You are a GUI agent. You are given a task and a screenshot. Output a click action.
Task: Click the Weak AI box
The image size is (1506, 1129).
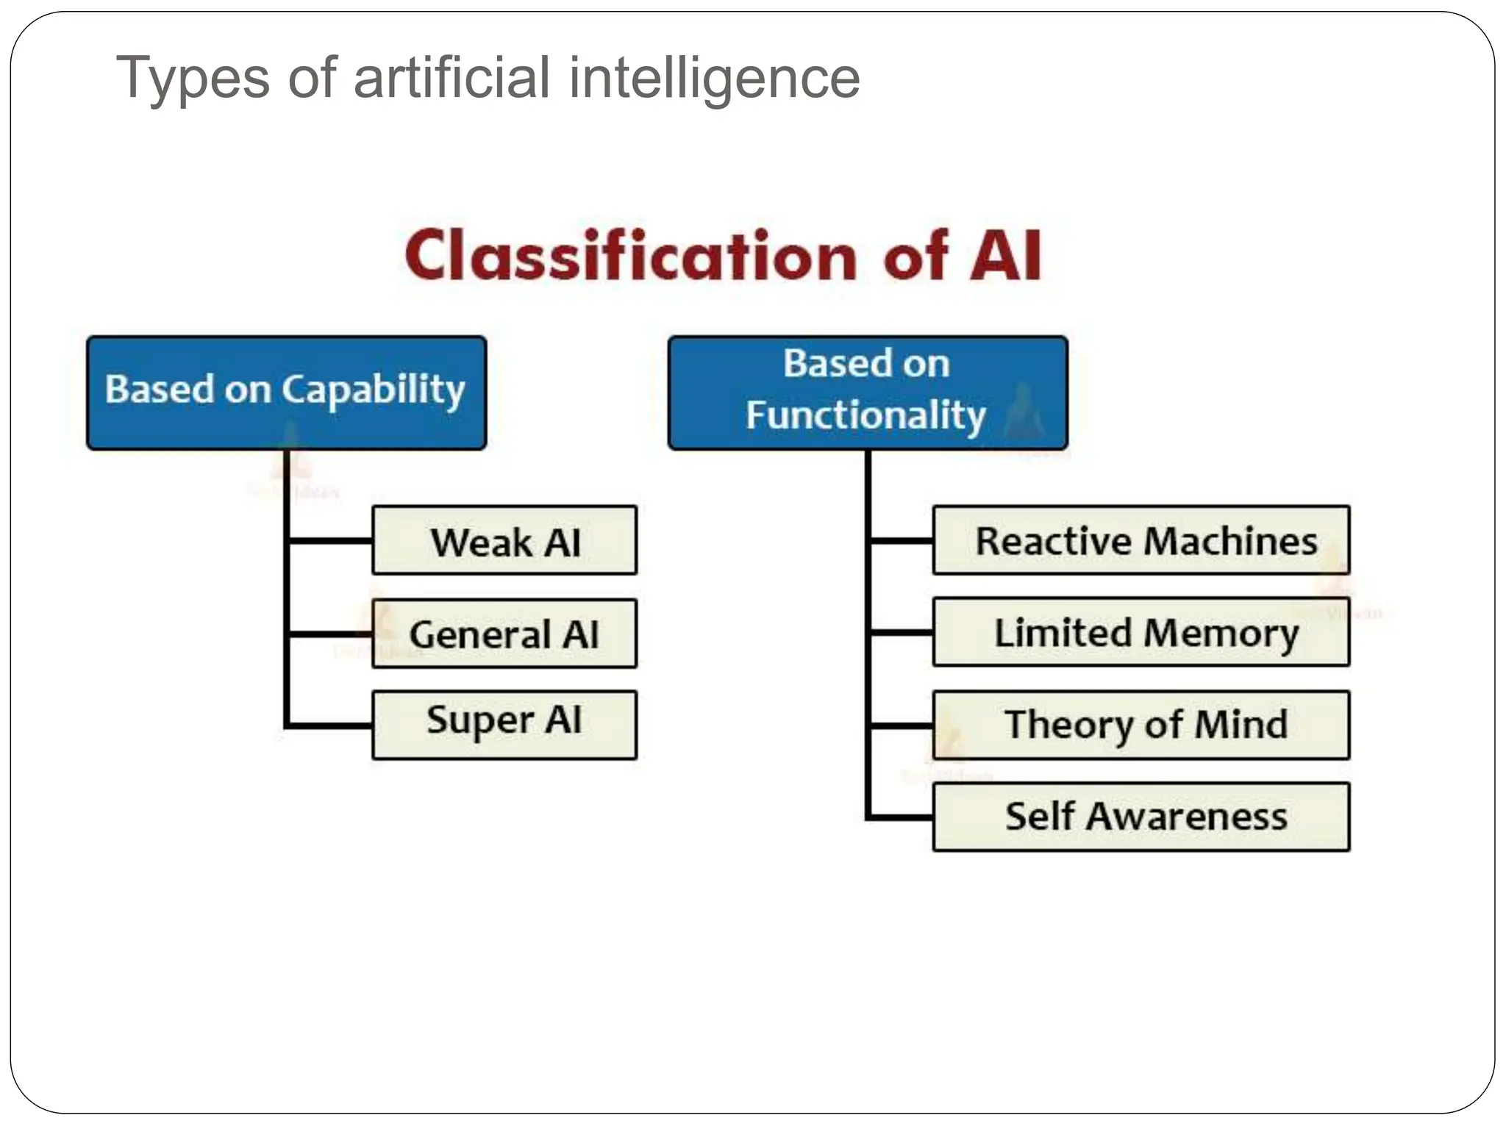click(x=504, y=540)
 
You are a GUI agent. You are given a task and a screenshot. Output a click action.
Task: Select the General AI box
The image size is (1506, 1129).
click(x=504, y=634)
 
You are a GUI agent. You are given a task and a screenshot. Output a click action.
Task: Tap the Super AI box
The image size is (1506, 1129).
click(x=504, y=725)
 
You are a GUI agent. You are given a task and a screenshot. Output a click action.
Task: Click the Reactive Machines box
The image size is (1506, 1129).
click(x=1141, y=540)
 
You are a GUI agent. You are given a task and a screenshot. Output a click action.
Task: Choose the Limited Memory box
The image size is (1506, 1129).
click(x=1141, y=632)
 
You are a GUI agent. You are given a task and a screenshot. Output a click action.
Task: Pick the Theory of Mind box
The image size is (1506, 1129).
click(x=1141, y=725)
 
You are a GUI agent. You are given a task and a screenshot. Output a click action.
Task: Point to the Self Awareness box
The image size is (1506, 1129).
click(x=1141, y=817)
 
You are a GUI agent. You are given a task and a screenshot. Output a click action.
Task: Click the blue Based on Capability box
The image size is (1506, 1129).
click(x=286, y=393)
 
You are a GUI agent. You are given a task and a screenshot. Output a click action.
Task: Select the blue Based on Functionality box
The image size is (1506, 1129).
click(x=868, y=393)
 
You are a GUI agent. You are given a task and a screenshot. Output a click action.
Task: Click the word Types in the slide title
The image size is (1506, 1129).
click(x=193, y=79)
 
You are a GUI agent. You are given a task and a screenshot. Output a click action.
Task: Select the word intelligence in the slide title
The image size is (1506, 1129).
click(x=714, y=79)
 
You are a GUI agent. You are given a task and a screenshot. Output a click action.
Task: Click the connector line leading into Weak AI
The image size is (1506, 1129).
click(x=329, y=541)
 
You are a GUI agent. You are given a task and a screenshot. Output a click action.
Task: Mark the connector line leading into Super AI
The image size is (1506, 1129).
click(x=329, y=725)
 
